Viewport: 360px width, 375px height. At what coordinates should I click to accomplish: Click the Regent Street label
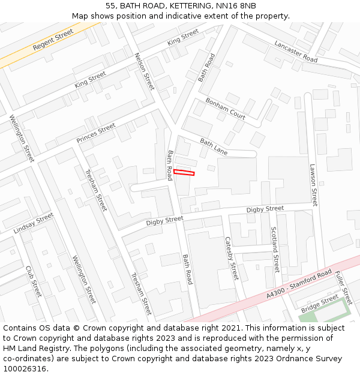[53, 40]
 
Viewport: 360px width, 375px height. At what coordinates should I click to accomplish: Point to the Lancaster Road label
[296, 52]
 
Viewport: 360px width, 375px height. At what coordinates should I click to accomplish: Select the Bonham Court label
[226, 107]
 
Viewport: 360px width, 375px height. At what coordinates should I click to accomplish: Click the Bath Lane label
[214, 147]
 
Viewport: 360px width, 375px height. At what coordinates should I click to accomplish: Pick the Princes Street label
[96, 133]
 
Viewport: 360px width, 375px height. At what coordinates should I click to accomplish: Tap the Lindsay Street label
[34, 223]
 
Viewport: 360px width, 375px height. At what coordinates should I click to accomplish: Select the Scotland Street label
[275, 249]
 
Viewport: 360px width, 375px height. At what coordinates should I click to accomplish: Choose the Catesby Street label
[232, 259]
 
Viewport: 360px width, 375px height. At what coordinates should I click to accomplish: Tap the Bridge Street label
[320, 303]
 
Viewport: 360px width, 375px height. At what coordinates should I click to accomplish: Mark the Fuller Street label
[343, 287]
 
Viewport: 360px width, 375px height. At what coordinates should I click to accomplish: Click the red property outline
[184, 173]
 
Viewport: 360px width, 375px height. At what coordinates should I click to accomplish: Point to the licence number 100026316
[25, 368]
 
